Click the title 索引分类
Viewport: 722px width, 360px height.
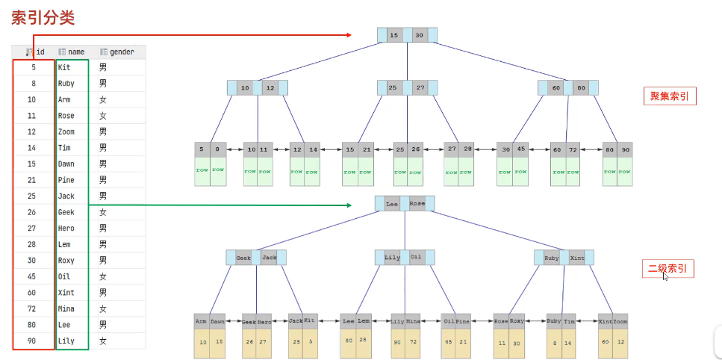43,17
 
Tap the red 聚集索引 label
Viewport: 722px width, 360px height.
669,96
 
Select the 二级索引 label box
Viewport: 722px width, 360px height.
668,268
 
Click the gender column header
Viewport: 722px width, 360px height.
122,52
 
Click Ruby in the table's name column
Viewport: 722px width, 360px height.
66,84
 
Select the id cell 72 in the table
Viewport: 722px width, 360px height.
32,308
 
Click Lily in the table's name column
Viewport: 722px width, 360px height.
66,341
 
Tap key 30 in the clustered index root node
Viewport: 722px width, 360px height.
420,35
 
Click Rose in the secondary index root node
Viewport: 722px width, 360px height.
417,203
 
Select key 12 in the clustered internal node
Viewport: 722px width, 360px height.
270,88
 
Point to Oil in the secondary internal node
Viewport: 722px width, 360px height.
416,257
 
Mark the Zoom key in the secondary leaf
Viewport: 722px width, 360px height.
620,321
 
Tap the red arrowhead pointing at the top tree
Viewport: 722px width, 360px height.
348,35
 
